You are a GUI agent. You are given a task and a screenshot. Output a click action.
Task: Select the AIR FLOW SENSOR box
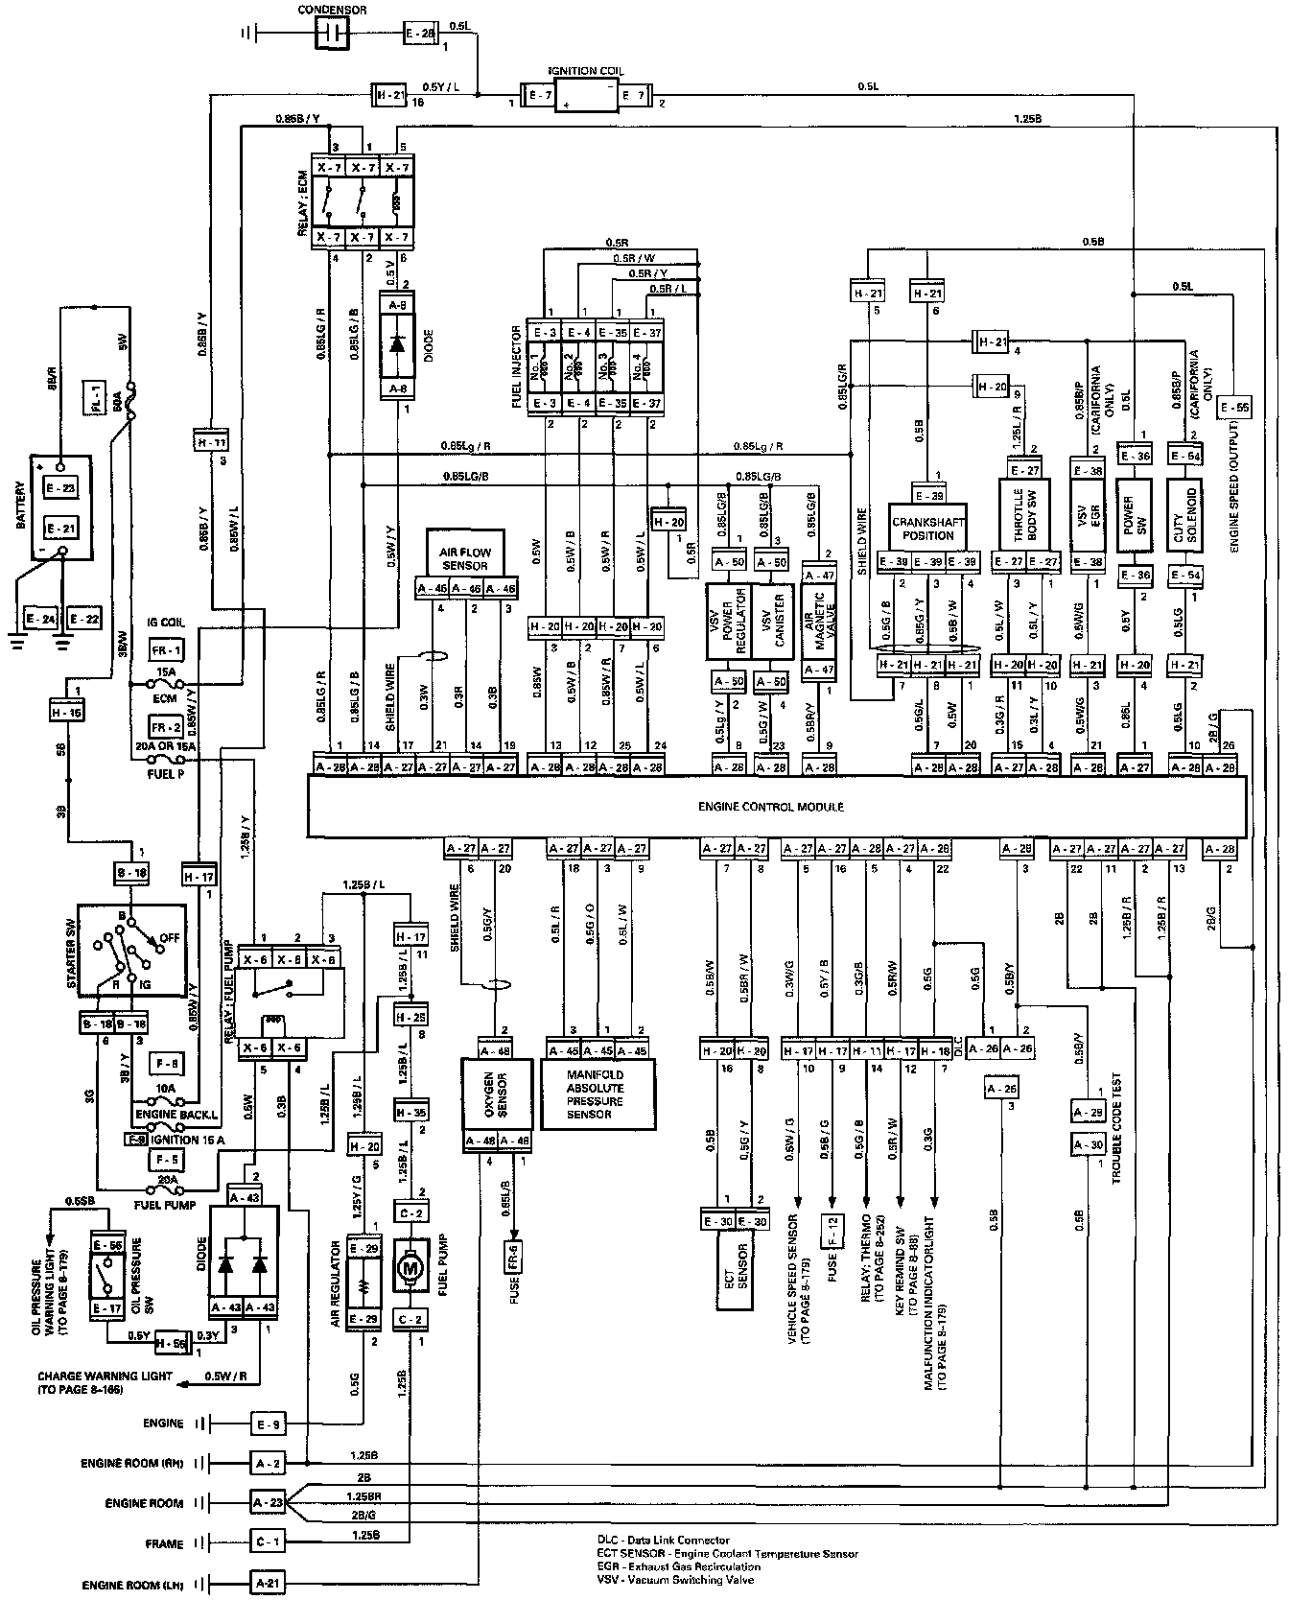click(x=463, y=558)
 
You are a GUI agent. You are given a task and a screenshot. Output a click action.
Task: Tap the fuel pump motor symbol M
click(x=410, y=1267)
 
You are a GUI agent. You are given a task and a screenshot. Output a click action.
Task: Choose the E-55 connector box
click(x=1236, y=408)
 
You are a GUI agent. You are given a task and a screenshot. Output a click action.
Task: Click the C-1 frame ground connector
click(x=268, y=1543)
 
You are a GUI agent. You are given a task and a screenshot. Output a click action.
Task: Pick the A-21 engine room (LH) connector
click(x=268, y=1584)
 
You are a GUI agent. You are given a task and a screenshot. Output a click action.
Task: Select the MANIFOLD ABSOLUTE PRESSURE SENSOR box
click(x=596, y=1094)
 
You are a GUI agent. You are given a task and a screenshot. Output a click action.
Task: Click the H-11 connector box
click(x=210, y=442)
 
